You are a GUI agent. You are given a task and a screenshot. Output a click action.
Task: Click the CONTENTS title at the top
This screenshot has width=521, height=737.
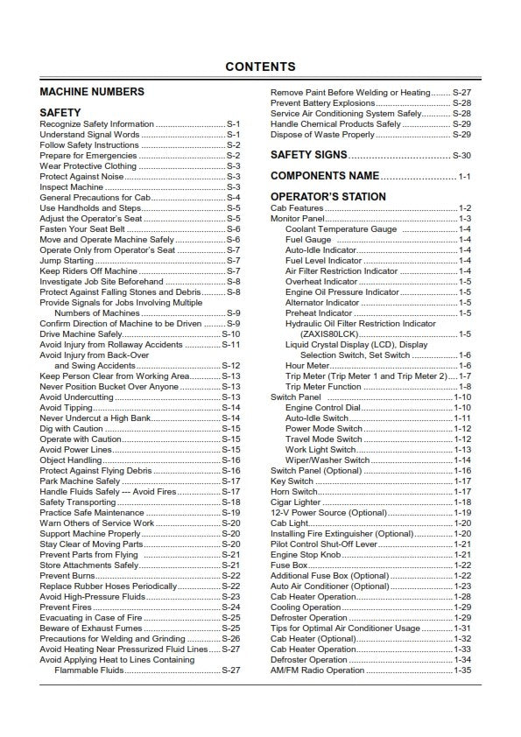[260, 67]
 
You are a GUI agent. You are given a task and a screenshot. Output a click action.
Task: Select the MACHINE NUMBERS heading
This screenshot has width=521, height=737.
[92, 92]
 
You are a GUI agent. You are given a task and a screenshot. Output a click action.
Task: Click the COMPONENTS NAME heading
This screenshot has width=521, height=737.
[325, 176]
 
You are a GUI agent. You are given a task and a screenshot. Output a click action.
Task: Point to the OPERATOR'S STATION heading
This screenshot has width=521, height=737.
[327, 197]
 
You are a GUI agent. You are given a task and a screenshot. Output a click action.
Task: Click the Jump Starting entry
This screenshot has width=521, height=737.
[67, 260]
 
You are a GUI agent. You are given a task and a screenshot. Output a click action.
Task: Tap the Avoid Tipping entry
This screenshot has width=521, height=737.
[66, 408]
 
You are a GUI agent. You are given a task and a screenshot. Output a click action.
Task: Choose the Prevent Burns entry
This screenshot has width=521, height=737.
[66, 576]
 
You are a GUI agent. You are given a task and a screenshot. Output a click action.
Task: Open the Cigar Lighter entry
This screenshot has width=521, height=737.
[295, 502]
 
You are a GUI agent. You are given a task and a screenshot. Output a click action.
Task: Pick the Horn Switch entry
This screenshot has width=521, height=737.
[294, 492]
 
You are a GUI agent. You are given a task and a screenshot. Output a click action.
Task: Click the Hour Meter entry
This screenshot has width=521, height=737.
[308, 365]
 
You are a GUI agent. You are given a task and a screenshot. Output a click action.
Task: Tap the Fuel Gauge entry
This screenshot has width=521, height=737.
[308, 239]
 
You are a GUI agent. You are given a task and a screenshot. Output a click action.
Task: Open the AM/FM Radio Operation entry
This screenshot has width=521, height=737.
[317, 670]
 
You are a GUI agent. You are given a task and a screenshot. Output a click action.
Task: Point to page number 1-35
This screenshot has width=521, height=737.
[462, 670]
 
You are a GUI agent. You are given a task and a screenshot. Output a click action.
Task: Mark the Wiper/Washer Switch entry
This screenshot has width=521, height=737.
[327, 460]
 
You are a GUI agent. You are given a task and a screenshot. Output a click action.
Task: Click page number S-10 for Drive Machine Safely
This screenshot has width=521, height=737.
[231, 334]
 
